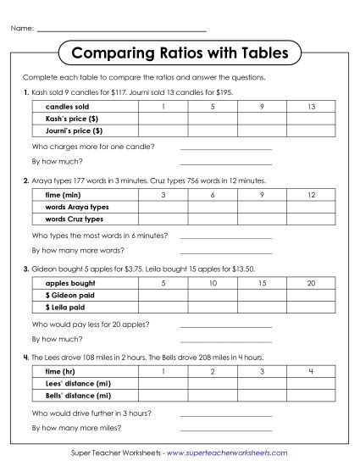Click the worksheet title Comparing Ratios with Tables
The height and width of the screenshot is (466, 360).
coord(180,53)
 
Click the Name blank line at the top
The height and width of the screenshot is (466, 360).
coord(122,30)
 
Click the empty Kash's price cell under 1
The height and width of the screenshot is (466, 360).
coord(163,119)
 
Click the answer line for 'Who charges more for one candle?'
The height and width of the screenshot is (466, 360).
coord(226,147)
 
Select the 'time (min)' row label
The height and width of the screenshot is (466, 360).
coord(63,196)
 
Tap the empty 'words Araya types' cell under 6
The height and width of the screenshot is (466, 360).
coord(213,208)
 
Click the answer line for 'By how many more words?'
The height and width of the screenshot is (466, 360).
coord(226,251)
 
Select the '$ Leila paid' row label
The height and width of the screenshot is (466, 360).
coord(64,307)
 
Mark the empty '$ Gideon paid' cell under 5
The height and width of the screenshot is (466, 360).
coord(163,295)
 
